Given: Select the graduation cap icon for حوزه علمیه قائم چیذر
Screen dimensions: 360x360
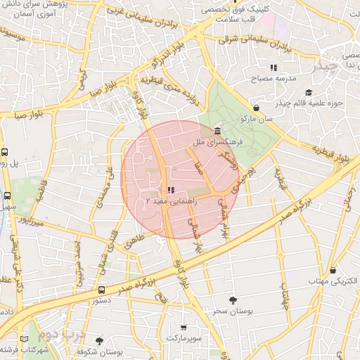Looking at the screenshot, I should click(308, 93).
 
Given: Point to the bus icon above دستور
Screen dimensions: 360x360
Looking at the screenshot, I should click(102, 289).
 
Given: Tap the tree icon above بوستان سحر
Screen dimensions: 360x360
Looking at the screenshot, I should click(233, 300).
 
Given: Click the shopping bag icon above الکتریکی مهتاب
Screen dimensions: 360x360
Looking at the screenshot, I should click(332, 270).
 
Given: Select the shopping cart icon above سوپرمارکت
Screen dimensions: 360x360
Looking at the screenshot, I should click(184, 328).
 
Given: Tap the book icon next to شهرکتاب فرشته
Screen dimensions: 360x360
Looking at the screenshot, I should click(25, 340).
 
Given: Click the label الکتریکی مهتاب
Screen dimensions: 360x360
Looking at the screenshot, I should click(331, 281).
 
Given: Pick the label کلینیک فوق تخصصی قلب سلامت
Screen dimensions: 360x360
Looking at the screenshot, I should click(236, 15).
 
